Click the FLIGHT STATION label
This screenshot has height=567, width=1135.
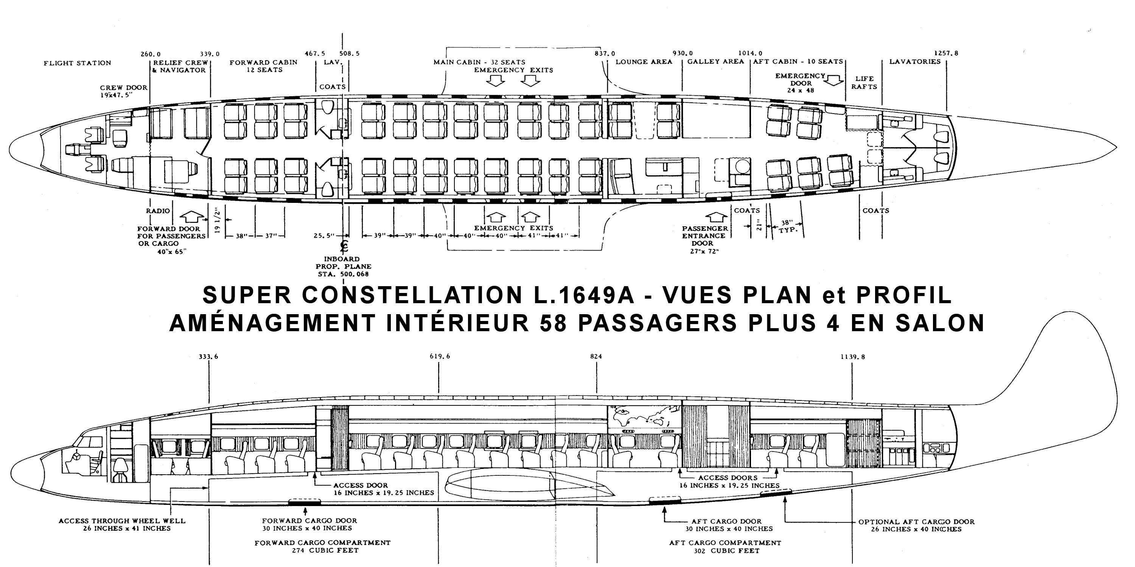pos(77,63)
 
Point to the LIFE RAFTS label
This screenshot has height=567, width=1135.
pos(864,83)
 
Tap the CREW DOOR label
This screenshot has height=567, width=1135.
pos(123,87)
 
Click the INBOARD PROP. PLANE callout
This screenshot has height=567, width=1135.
pos(343,266)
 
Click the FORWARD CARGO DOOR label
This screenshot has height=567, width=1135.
pos(309,521)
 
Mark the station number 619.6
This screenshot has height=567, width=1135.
pos(440,356)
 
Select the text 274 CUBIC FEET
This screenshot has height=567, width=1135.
pos(325,550)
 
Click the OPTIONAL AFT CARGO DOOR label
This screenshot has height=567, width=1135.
pos(916,522)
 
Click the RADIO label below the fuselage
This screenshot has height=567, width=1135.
pos(158,211)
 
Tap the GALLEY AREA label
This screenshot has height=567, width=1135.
pos(715,62)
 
